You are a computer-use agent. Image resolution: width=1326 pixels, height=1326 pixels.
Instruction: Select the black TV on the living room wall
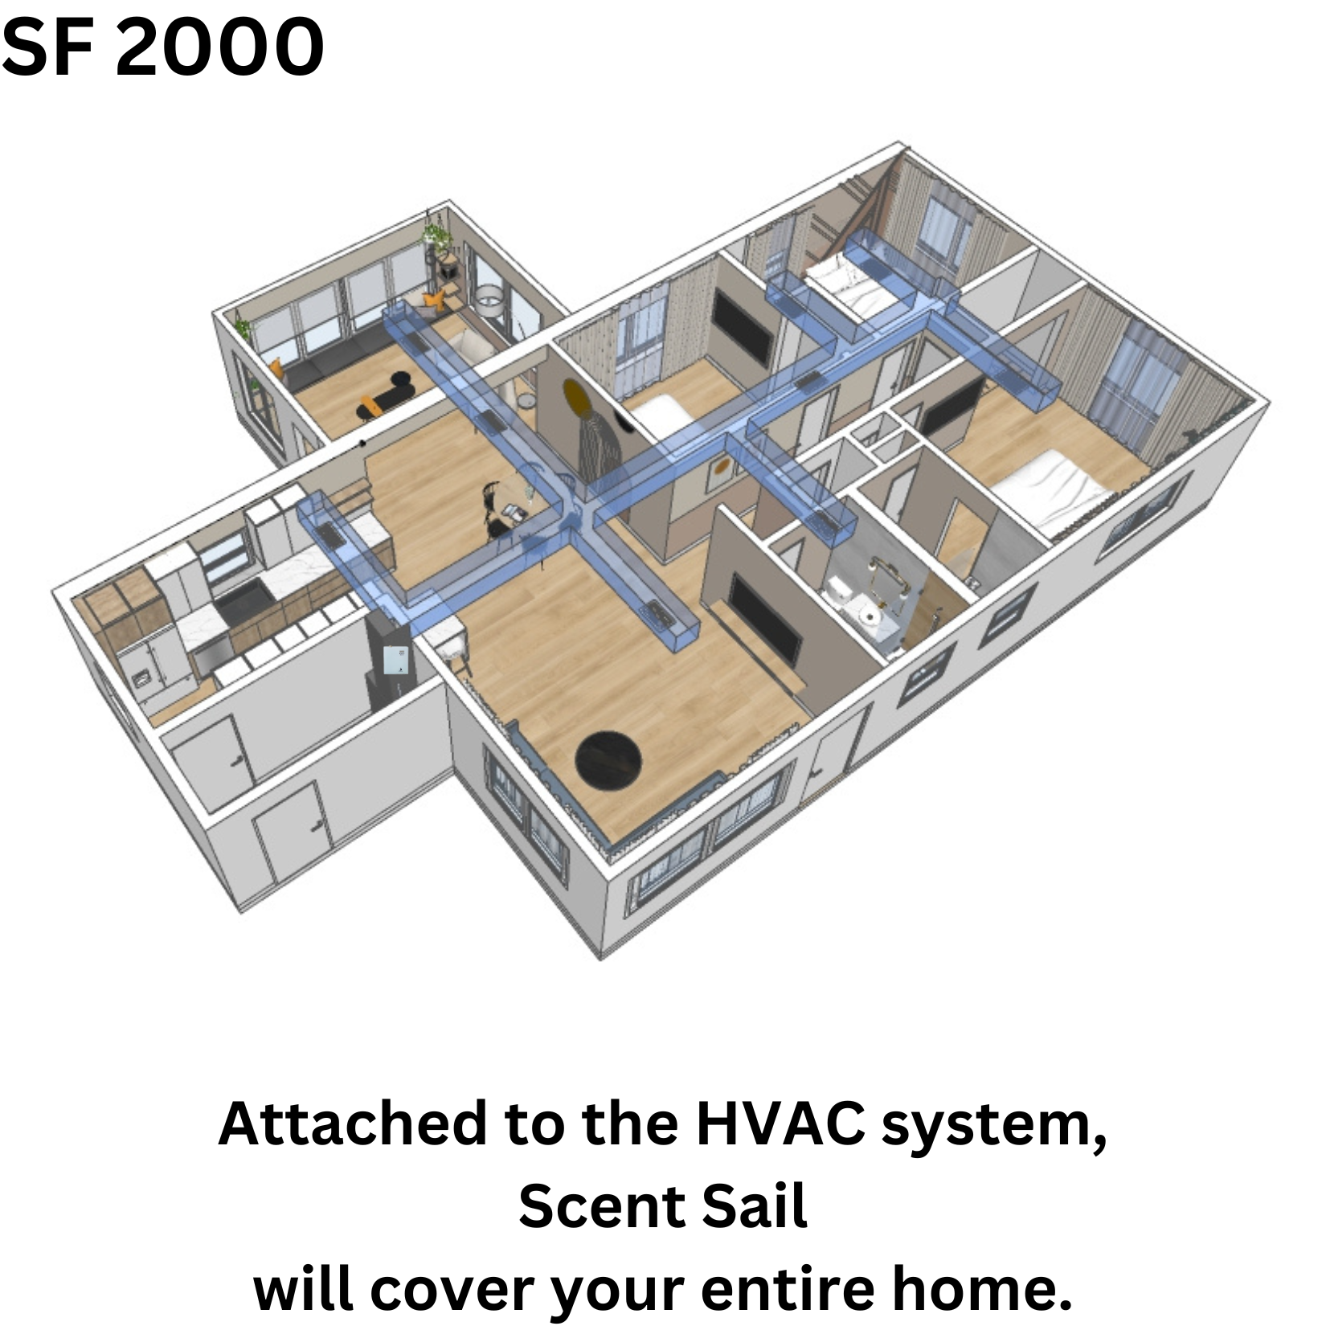[x=764, y=621]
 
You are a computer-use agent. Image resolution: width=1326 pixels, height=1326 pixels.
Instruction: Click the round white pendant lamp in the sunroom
[x=489, y=299]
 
